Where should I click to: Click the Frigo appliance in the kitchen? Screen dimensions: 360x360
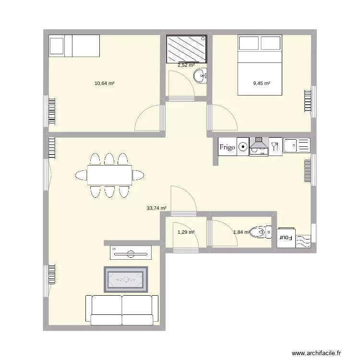[x=228, y=147]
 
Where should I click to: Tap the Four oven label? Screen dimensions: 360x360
[x=287, y=237]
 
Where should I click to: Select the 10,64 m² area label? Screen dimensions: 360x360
[x=104, y=83]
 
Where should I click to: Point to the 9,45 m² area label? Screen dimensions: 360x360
[x=262, y=83]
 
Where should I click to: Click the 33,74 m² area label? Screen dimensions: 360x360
[x=156, y=208]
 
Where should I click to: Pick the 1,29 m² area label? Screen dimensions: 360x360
[x=186, y=232]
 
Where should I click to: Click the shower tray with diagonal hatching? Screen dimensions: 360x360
[x=187, y=49]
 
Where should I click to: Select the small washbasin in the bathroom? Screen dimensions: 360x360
[x=200, y=75]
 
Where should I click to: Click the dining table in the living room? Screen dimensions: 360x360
[x=109, y=175]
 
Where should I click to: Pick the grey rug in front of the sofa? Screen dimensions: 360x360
[x=126, y=279]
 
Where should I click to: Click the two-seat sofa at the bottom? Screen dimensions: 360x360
[x=122, y=310]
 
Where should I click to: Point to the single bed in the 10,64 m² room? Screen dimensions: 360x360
[x=74, y=46]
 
